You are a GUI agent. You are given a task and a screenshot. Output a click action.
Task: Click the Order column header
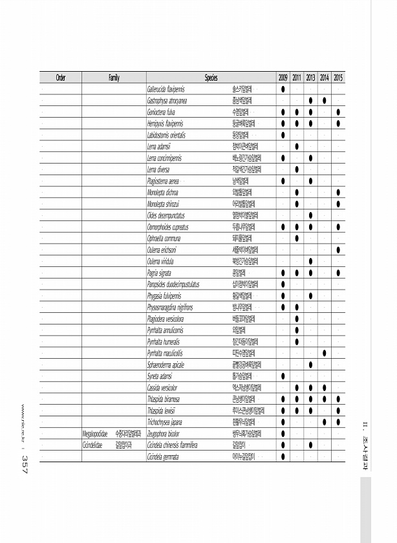pyautogui.click(x=61, y=78)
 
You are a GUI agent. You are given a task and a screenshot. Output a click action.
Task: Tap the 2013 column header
pyautogui.click(x=311, y=78)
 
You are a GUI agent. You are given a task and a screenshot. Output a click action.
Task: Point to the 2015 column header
pyautogui.click(x=339, y=78)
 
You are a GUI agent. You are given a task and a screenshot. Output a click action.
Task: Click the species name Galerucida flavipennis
pyautogui.click(x=168, y=89)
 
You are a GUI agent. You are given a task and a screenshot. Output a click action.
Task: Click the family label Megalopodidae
pyautogui.click(x=95, y=434)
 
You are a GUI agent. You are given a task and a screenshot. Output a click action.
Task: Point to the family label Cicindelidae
pyautogui.click(x=94, y=445)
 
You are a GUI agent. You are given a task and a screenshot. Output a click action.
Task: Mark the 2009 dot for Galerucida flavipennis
pyautogui.click(x=283, y=89)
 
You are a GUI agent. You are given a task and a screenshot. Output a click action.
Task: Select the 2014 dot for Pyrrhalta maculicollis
pyautogui.click(x=325, y=354)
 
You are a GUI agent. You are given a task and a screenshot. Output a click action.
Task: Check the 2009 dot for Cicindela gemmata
pyautogui.click(x=283, y=457)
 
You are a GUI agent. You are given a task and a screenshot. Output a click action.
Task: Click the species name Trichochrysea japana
pyautogui.click(x=166, y=423)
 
